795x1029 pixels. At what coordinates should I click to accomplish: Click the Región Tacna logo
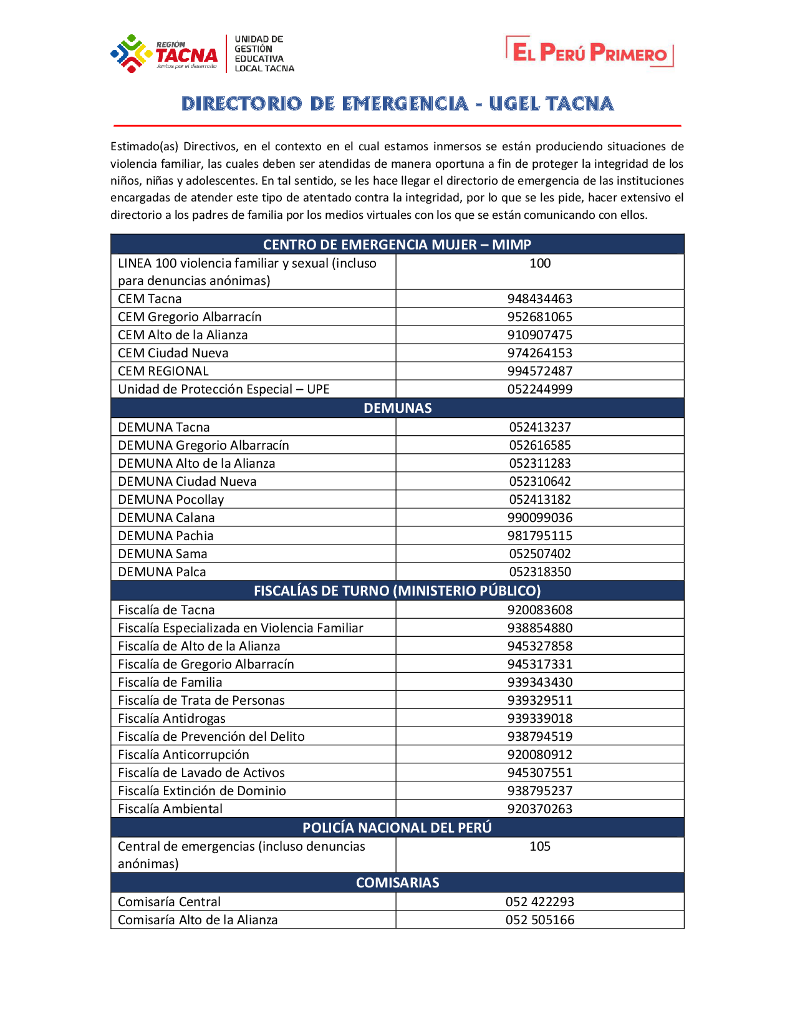163,54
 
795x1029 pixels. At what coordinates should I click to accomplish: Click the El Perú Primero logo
589,52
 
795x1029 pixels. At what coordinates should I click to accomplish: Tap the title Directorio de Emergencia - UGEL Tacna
397,104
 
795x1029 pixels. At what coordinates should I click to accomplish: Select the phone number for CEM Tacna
539,299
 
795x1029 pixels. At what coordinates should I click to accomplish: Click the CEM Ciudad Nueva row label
173,353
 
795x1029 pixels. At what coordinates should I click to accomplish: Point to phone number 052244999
539,389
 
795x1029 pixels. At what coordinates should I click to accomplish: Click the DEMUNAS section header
397,408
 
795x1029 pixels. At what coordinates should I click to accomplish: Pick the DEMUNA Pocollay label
170,500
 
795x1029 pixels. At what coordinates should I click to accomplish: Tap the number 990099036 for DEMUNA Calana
539,518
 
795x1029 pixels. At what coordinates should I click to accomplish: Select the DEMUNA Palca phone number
539,572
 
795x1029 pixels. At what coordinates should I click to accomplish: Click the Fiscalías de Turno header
397,591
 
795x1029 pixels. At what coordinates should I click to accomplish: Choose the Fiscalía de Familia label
170,682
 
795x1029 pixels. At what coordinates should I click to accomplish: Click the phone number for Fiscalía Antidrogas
539,718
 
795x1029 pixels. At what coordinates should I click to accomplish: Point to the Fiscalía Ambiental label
170,809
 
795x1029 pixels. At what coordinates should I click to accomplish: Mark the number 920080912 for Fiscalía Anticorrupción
539,755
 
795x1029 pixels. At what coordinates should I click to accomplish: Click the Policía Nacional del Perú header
397,828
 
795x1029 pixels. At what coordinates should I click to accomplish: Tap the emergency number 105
539,846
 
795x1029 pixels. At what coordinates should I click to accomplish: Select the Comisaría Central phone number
539,902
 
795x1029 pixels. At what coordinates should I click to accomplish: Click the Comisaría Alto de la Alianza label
198,920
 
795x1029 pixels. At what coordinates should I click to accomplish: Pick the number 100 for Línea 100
539,263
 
